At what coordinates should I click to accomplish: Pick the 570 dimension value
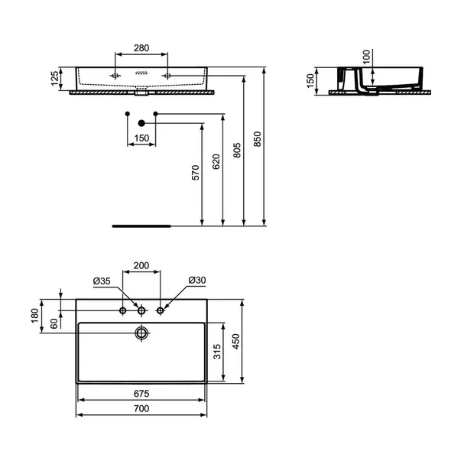[196, 173]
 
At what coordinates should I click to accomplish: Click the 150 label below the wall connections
[141, 139]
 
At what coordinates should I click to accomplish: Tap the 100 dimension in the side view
[365, 57]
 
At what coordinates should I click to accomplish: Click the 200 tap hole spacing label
[141, 265]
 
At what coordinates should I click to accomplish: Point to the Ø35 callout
[102, 281]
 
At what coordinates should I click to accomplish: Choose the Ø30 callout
[196, 281]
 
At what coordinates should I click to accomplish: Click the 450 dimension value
[237, 339]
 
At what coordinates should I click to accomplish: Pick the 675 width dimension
[141, 394]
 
